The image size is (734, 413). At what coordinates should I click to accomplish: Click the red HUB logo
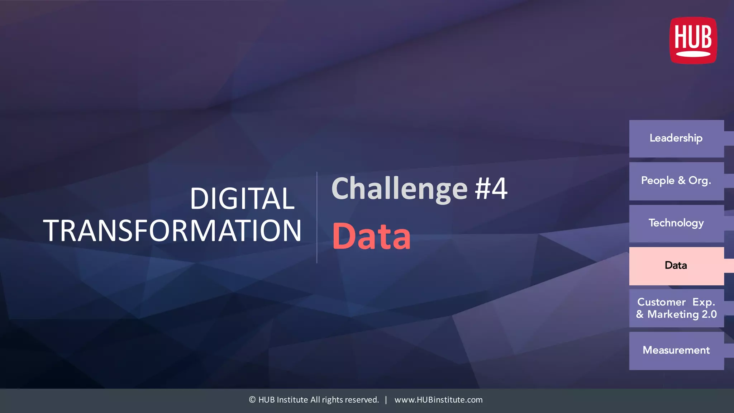(693, 40)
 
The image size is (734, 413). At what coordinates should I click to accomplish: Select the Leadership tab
(676, 138)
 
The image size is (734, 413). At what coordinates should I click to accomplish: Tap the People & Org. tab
(676, 181)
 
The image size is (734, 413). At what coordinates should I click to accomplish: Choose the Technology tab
(676, 223)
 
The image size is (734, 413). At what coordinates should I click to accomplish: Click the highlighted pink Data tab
(676, 266)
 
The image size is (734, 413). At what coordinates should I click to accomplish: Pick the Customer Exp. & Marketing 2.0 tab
(676, 308)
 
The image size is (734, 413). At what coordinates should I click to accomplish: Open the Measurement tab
(676, 350)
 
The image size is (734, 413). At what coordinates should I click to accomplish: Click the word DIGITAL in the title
(242, 199)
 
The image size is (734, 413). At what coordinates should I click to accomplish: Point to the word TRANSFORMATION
(172, 231)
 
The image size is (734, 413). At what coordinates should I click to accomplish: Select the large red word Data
(372, 236)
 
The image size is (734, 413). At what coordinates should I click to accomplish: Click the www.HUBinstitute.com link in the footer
(438, 400)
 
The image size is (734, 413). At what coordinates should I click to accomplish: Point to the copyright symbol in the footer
(252, 400)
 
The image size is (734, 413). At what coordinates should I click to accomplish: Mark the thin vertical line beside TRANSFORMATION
(317, 218)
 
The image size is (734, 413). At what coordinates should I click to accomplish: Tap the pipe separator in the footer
(386, 400)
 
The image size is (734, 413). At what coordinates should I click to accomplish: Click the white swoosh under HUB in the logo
(693, 54)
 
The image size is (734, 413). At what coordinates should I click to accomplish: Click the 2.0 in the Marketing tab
(709, 314)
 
